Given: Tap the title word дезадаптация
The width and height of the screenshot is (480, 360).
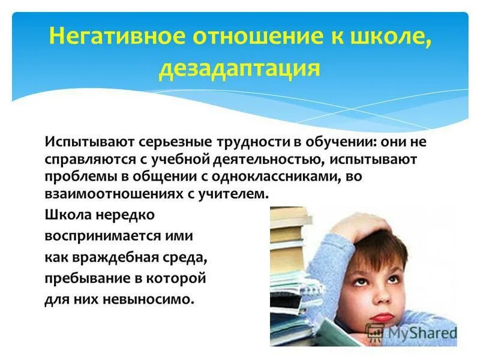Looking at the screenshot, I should point(238,68).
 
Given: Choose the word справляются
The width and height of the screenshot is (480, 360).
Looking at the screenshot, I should point(85,161).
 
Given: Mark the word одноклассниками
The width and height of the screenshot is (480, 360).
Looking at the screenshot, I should point(291,178).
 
